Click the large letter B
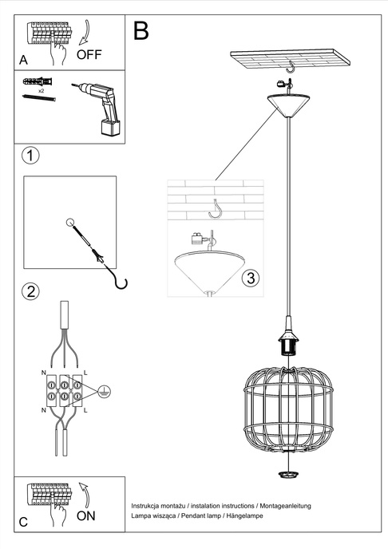[141, 31]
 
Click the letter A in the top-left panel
[23, 60]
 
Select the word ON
[86, 515]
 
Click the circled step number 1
[30, 155]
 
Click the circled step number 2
[30, 290]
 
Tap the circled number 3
[250, 278]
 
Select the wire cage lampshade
[286, 407]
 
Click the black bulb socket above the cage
[286, 344]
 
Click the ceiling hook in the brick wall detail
[215, 209]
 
